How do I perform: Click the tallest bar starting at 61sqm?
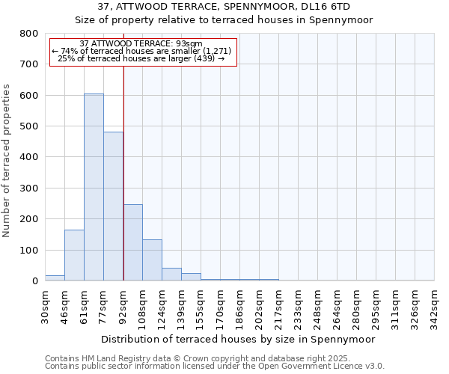click(94, 187)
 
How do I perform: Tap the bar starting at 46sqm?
click(74, 255)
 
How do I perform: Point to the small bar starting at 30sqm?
click(55, 278)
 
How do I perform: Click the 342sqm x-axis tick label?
click(434, 306)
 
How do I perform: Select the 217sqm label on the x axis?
click(278, 306)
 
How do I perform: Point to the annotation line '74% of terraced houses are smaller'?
click(142, 51)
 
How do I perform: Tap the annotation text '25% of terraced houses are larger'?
click(142, 58)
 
